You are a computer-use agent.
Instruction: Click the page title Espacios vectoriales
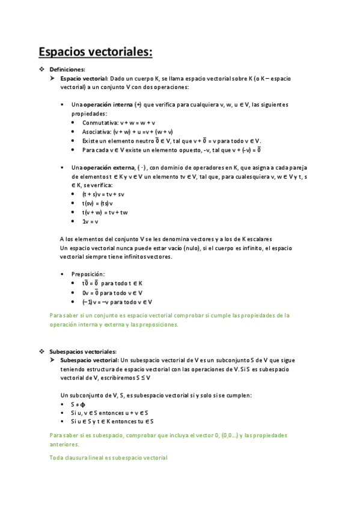[95, 52]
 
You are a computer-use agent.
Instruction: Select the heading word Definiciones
[67, 70]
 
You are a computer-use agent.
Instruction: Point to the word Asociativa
[96, 132]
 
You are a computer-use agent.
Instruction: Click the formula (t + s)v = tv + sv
[103, 195]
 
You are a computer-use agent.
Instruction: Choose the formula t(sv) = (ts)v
[97, 204]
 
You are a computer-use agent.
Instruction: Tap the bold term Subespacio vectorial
[89, 360]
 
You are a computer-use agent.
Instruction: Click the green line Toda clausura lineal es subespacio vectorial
[108, 458]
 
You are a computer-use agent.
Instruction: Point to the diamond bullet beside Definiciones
[41, 70]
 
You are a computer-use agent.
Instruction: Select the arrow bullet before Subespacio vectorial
[53, 360]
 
